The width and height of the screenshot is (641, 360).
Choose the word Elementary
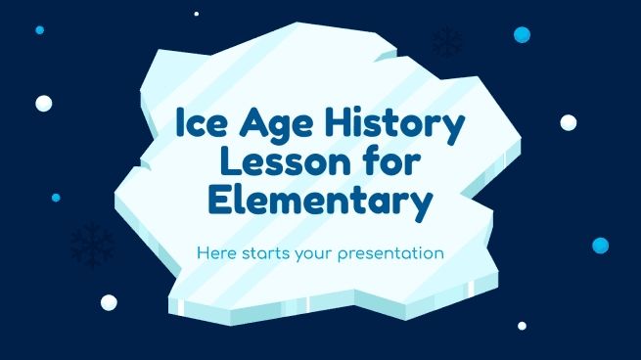pos(321,203)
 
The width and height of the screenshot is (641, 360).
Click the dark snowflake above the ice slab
pos(447,43)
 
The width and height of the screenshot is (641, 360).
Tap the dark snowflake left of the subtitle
pos(93,246)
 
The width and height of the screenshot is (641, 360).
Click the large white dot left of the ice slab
pos(44,103)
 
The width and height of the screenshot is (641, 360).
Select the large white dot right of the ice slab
pos(569,122)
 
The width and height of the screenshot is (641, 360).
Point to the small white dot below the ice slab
pos(522,326)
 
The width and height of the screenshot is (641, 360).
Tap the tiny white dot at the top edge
pos(197,14)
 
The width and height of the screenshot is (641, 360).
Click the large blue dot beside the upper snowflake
pos(522,35)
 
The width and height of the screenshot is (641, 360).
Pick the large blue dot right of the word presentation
pos(600,245)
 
